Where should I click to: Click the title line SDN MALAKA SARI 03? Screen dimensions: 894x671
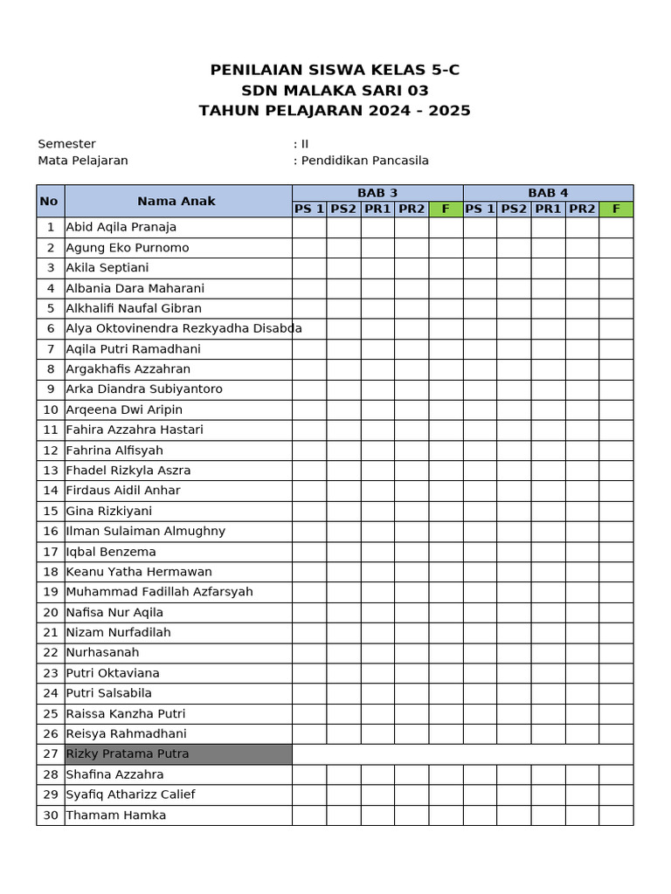[335, 91]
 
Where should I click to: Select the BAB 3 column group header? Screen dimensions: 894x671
[377, 193]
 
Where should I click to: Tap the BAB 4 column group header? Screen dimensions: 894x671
[548, 193]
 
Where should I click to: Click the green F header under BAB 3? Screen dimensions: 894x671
[446, 210]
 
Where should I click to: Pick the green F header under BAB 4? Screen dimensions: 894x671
[616, 210]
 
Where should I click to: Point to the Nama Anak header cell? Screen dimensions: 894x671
[176, 201]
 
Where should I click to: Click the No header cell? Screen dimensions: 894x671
[49, 201]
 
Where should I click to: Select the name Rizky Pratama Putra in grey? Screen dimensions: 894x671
[128, 754]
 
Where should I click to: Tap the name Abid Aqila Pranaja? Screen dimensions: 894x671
[121, 227]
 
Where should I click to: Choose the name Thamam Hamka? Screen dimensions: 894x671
[116, 815]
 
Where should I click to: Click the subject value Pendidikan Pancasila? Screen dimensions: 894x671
[364, 161]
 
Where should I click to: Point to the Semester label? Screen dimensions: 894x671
[67, 144]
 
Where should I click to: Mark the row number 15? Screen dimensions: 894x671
[50, 511]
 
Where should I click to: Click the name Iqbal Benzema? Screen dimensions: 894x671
[111, 552]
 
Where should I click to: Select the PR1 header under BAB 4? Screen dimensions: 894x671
[548, 210]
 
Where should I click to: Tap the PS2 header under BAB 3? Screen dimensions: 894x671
[343, 210]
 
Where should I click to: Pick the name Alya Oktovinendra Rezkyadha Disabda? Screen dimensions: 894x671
[184, 328]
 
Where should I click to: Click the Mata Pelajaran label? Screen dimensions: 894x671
[83, 161]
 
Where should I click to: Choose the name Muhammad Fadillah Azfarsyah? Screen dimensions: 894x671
[160, 592]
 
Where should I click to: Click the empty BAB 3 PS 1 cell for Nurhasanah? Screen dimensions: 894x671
[309, 653]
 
